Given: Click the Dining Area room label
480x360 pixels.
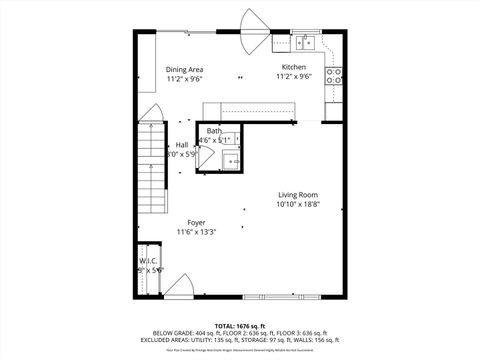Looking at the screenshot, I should pyautogui.click(x=184, y=69).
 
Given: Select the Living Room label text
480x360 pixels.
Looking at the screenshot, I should pyautogui.click(x=298, y=195).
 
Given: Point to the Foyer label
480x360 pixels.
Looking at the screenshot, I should pyautogui.click(x=197, y=223).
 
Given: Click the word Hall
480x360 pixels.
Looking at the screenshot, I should pyautogui.click(x=181, y=146).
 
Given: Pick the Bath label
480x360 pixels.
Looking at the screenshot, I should pyautogui.click(x=215, y=132).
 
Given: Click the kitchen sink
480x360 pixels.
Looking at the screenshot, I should pyautogui.click(x=303, y=42).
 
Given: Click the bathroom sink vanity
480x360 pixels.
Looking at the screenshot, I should pyautogui.click(x=234, y=160).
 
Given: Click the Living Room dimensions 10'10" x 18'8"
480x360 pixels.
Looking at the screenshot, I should pyautogui.click(x=298, y=204).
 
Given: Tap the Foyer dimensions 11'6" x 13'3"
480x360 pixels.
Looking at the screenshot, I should pyautogui.click(x=197, y=232).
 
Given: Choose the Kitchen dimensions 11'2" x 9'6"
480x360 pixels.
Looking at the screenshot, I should pyautogui.click(x=294, y=77).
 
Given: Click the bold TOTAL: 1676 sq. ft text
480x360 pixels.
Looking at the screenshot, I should pyautogui.click(x=236, y=326).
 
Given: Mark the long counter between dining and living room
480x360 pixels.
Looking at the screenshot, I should pyautogui.click(x=239, y=110).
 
